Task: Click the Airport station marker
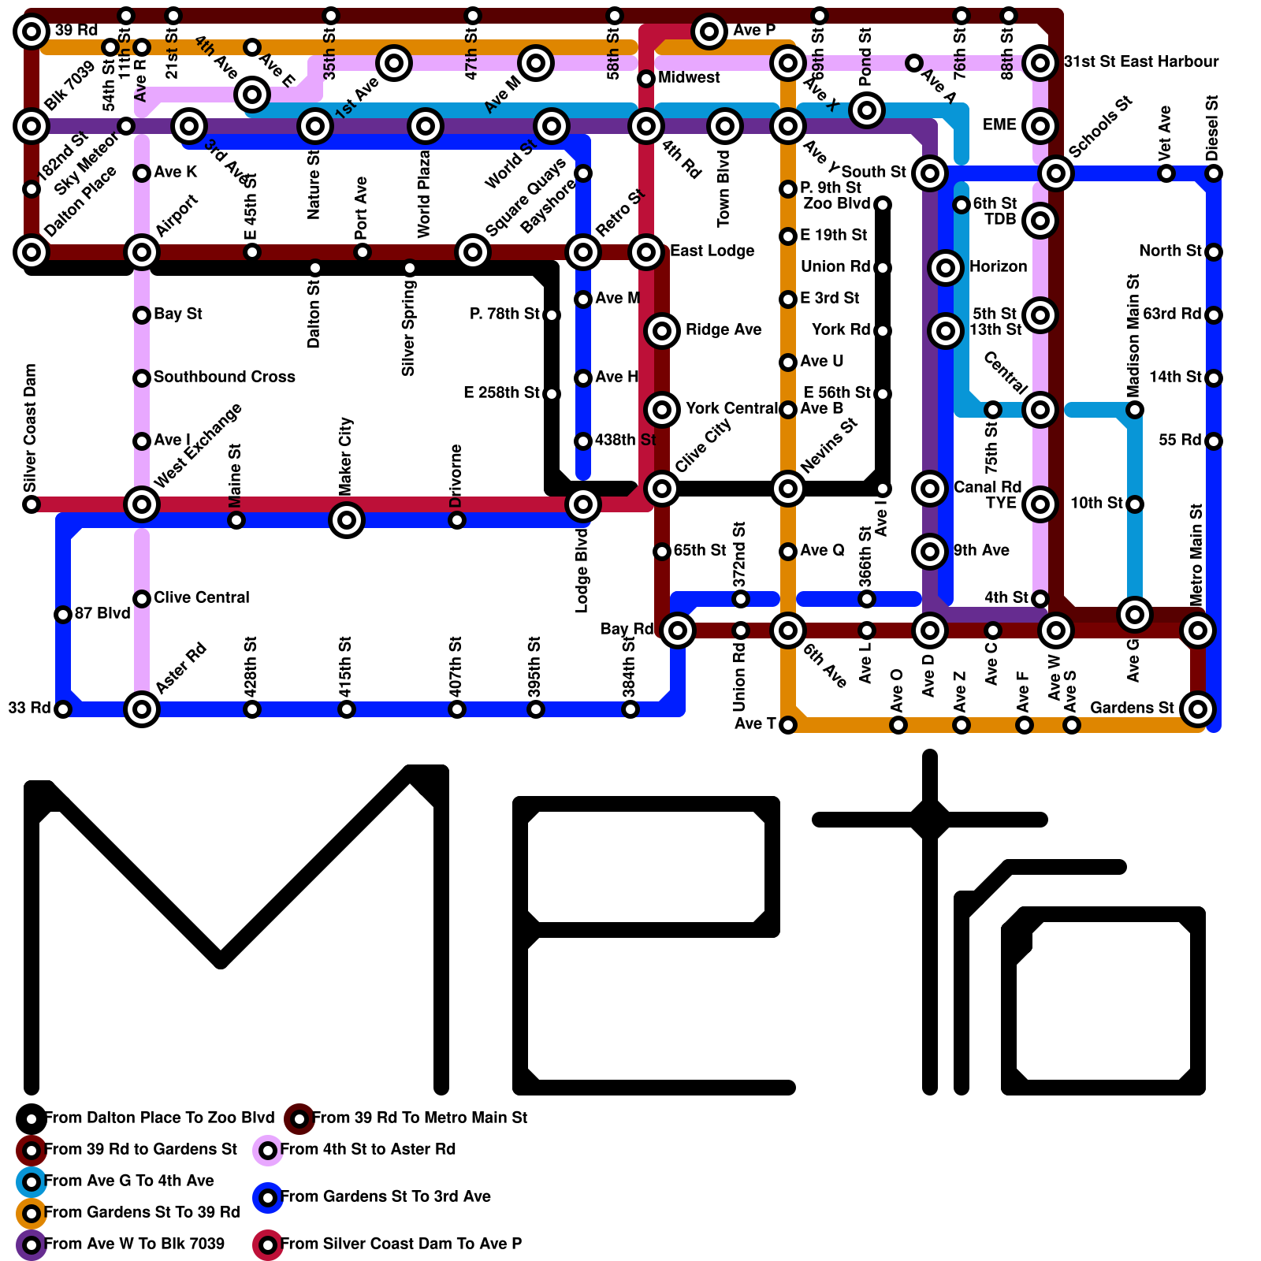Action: tap(142, 252)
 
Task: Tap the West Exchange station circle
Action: tap(142, 504)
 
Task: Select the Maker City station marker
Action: tap(347, 520)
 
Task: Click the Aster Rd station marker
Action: tap(142, 709)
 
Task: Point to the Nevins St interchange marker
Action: tap(788, 489)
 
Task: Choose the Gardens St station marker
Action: tap(1198, 709)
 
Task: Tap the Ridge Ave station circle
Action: tap(662, 331)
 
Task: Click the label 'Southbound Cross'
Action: tap(224, 377)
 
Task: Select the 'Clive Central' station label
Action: tap(201, 597)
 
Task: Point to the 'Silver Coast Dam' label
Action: tap(31, 426)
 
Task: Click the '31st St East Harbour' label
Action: tap(1140, 61)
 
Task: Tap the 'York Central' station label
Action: tap(731, 408)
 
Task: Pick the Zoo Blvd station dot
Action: tap(883, 205)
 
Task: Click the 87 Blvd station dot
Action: tap(63, 615)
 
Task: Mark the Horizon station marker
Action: tap(946, 268)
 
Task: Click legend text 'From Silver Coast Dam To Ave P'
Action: tap(401, 1244)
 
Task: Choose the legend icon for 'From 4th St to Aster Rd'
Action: tap(268, 1151)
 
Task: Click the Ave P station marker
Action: tap(709, 32)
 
